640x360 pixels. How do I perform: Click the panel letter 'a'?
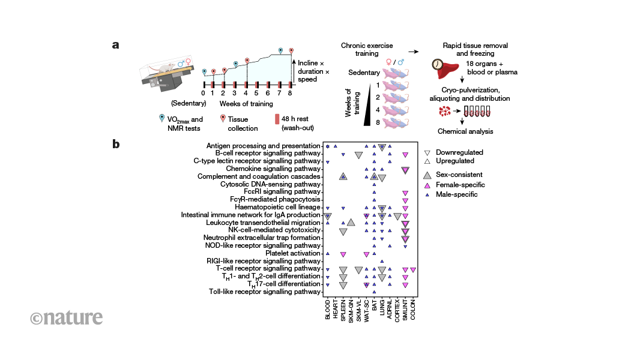115,45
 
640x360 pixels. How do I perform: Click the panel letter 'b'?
115,144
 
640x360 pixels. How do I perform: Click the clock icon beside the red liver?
438,64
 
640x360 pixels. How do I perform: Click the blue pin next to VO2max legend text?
161,119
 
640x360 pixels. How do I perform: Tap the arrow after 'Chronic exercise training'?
413,52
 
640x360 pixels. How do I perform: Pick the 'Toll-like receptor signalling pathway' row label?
265,292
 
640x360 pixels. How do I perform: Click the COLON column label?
413,310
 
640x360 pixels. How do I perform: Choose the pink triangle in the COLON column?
413,269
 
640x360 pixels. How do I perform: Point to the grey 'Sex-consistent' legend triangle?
427,174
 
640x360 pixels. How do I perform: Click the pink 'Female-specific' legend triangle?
427,184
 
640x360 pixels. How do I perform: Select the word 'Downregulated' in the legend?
460,152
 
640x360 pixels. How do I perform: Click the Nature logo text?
67,317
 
